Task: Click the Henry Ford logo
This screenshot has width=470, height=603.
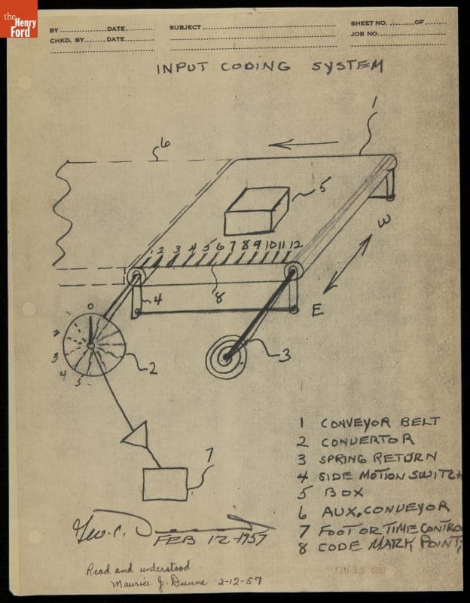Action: tap(19, 19)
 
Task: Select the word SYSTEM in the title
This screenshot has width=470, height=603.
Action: tap(347, 66)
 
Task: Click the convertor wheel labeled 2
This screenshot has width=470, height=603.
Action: tap(91, 345)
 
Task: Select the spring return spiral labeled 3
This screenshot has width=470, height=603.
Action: tap(226, 359)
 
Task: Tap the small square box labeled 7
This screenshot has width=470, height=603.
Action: tap(165, 483)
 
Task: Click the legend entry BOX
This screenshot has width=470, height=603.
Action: tap(343, 493)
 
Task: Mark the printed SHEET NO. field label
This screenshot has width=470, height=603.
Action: tap(368, 23)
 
